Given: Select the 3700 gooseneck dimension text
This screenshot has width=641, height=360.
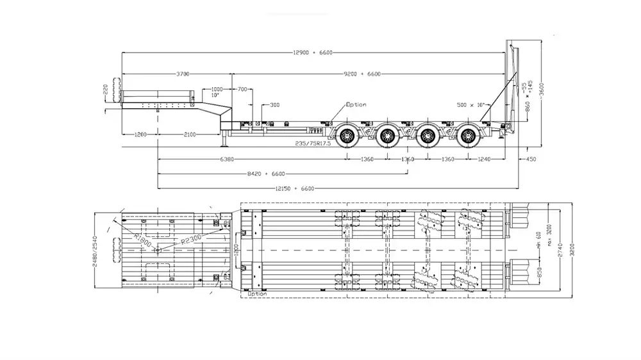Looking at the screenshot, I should point(183,74).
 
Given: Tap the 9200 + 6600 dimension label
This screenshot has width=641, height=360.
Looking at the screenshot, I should point(363,74).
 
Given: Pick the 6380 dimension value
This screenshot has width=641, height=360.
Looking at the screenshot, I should point(227,158).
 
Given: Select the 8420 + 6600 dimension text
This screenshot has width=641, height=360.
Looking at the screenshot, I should point(265,173).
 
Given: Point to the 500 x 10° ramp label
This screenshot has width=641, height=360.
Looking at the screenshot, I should point(470,104).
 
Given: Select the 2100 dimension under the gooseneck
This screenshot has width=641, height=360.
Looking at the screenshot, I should point(190,134).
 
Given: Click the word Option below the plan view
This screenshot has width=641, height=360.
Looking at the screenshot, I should point(256,293).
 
